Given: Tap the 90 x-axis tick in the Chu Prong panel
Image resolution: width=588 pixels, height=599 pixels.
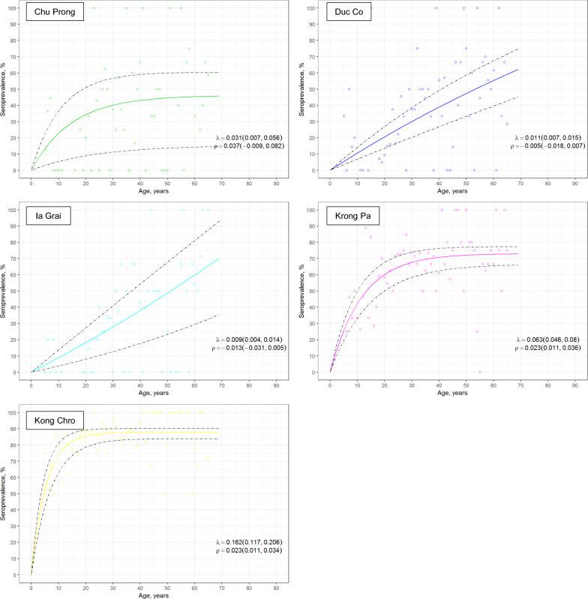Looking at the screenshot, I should tap(276, 182).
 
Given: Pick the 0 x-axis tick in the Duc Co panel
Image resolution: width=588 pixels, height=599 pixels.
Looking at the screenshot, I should tap(330, 182).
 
